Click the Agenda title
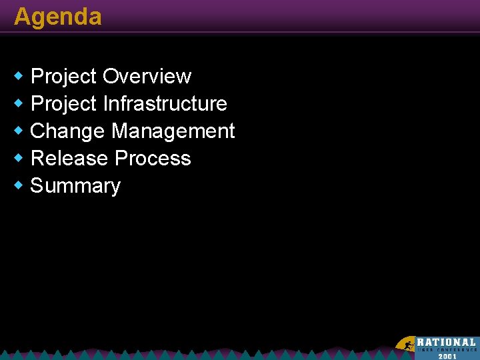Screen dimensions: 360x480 click(x=58, y=17)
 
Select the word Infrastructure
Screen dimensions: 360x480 click(x=165, y=104)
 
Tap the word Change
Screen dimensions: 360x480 click(x=68, y=131)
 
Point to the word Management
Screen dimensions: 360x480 click(x=173, y=131)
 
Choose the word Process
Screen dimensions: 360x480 click(x=153, y=159)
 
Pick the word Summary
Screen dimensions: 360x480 click(x=75, y=186)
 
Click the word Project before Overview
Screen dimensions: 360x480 click(x=64, y=77)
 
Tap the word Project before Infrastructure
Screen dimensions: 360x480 click(x=64, y=105)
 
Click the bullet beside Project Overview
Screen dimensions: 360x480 click(x=19, y=77)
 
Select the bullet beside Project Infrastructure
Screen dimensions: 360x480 click(x=19, y=104)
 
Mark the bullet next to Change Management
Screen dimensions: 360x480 click(x=19, y=131)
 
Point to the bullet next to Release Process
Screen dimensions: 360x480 click(x=19, y=159)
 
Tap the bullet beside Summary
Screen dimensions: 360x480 click(x=19, y=185)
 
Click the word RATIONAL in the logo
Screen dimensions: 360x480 click(x=447, y=343)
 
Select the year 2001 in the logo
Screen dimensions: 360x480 click(x=447, y=356)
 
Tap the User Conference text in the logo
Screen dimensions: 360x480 click(x=447, y=350)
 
